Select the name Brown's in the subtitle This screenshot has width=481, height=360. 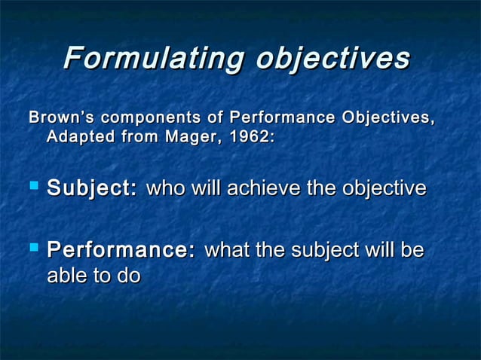click(x=60, y=118)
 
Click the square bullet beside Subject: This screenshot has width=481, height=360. click(x=32, y=188)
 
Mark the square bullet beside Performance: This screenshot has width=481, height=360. click(x=32, y=249)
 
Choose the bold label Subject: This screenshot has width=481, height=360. click(x=92, y=188)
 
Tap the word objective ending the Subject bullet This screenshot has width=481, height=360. click(x=384, y=188)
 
